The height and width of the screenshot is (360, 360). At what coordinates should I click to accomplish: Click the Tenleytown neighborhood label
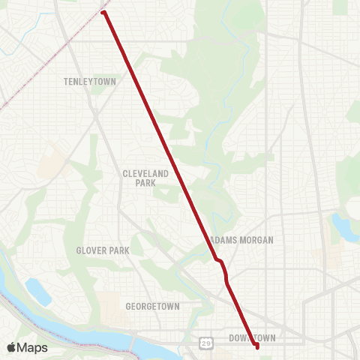tap(90, 81)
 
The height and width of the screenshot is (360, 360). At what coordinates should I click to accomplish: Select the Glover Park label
tap(103, 250)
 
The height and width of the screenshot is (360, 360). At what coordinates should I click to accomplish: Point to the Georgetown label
tap(152, 307)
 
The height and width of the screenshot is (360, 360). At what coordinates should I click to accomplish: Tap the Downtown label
tap(252, 338)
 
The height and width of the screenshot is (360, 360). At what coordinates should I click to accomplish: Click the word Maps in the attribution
tap(33, 347)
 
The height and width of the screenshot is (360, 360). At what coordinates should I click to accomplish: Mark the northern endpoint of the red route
tap(103, 13)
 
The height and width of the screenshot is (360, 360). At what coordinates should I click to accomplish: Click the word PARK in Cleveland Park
tap(145, 183)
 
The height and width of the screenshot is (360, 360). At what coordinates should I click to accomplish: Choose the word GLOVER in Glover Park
tap(91, 250)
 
